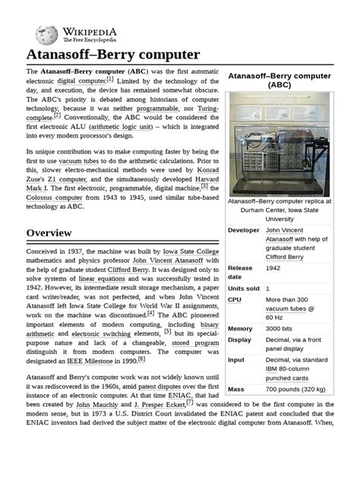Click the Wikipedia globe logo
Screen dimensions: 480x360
47,33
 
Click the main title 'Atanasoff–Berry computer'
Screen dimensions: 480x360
113,55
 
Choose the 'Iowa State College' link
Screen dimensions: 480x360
181,251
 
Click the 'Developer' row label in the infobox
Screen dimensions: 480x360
244,230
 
